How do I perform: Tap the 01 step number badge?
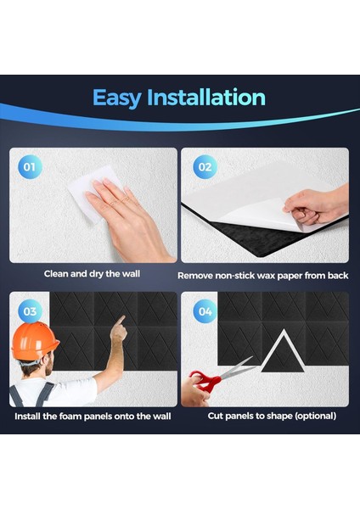[x=30, y=167]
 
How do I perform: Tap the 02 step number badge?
[x=204, y=167]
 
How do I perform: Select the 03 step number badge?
[x=30, y=311]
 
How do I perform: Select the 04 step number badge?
[x=204, y=311]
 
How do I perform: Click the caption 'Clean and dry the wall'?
[x=93, y=274]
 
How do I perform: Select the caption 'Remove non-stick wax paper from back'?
[x=263, y=276]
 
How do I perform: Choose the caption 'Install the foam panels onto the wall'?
[x=93, y=417]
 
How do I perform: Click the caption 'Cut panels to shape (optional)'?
[x=272, y=417]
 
